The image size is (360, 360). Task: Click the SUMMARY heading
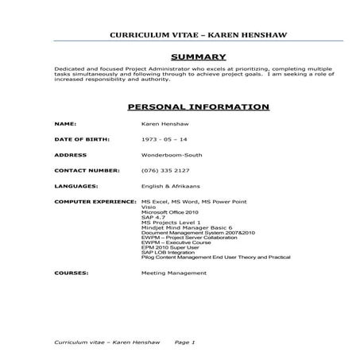click(199, 56)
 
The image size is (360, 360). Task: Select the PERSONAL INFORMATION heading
click(199, 106)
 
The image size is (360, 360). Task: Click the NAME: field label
click(65, 125)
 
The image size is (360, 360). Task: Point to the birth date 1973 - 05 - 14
click(165, 139)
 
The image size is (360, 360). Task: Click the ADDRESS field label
click(70, 154)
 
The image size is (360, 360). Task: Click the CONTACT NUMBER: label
click(87, 170)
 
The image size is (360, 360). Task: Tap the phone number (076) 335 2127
click(165, 170)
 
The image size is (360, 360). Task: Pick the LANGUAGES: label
click(76, 186)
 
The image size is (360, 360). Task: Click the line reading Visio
click(149, 207)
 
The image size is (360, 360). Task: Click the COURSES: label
click(71, 273)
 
